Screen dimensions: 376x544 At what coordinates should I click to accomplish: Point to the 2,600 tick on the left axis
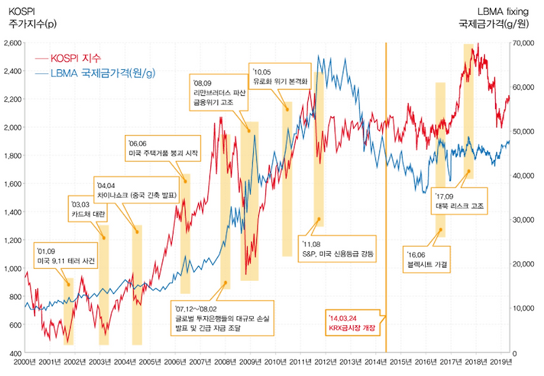point(12,43)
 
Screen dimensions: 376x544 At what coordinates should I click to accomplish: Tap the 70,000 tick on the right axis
point(525,43)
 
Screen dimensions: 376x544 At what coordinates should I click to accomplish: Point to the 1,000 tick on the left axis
point(12,269)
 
